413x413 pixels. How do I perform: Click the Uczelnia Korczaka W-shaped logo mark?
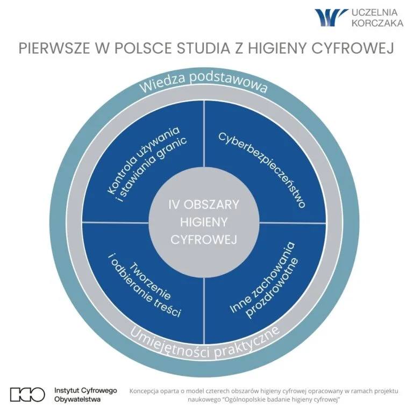[331, 17]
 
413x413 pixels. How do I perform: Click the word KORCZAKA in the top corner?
[378, 23]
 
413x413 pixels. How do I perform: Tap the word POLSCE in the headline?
[143, 48]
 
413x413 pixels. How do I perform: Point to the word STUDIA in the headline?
[204, 48]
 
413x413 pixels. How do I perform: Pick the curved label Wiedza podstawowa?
[203, 82]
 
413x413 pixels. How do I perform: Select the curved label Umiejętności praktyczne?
[204, 344]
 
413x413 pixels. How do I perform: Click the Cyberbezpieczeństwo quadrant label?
[262, 170]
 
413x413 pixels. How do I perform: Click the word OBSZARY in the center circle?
[211, 205]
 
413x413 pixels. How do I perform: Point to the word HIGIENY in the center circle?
[204, 222]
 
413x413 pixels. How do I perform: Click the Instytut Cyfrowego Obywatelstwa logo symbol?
[27, 395]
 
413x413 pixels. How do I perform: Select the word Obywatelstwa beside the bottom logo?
[77, 400]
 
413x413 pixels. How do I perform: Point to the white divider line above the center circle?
[204, 134]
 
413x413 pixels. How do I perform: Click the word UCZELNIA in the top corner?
[375, 12]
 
